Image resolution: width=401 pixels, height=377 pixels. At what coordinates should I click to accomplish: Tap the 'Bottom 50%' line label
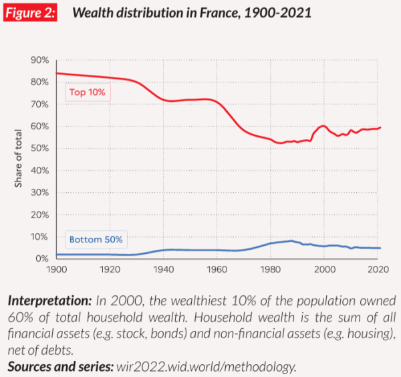(x=94, y=239)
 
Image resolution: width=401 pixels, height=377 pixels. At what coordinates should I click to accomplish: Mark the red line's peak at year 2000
(x=323, y=126)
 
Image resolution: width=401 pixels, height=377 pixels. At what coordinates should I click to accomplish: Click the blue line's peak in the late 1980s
(x=290, y=241)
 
